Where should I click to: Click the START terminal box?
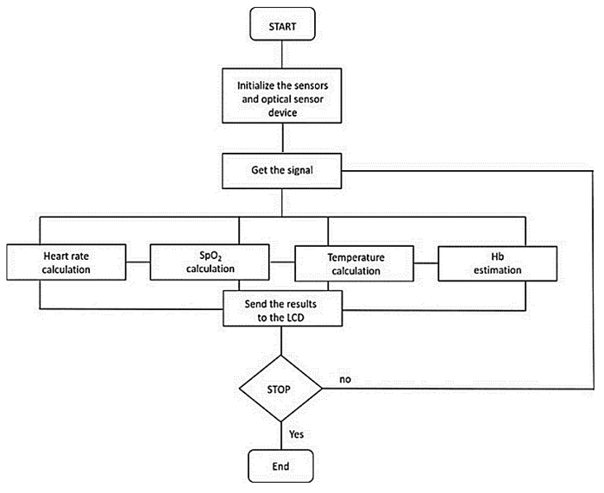tap(281, 26)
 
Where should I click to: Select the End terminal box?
tap(281, 467)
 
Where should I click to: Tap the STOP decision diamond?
tap(281, 389)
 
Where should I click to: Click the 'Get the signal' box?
tap(281, 170)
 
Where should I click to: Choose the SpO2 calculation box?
tap(210, 262)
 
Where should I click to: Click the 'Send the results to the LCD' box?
tap(282, 307)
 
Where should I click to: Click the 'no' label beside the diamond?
tap(344, 379)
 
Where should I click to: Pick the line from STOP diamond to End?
tap(281, 436)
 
